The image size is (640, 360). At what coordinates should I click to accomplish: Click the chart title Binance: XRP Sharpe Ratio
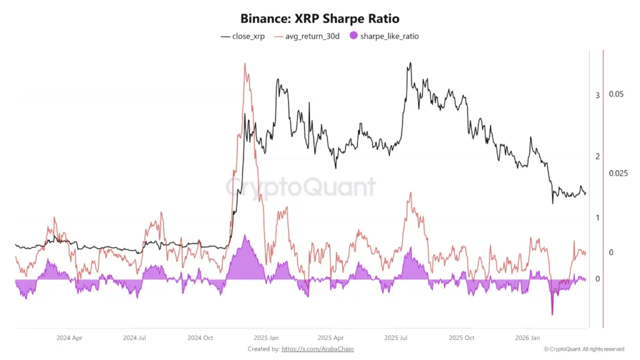point(319,19)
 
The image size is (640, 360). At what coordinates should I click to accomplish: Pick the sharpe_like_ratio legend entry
point(389,36)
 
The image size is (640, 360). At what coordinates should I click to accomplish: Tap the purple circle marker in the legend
point(353,36)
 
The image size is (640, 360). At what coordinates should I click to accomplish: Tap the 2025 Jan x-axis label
point(266,337)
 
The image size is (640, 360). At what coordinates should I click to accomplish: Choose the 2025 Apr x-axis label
point(330,337)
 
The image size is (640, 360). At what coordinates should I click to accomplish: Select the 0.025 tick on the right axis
point(618,173)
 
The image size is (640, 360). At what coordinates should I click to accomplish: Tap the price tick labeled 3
point(597,95)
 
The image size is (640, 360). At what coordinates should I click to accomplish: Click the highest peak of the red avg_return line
point(245,64)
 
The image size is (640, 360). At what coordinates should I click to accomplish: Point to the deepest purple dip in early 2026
point(552,314)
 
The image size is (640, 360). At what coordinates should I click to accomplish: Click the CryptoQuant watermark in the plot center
point(301,187)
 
